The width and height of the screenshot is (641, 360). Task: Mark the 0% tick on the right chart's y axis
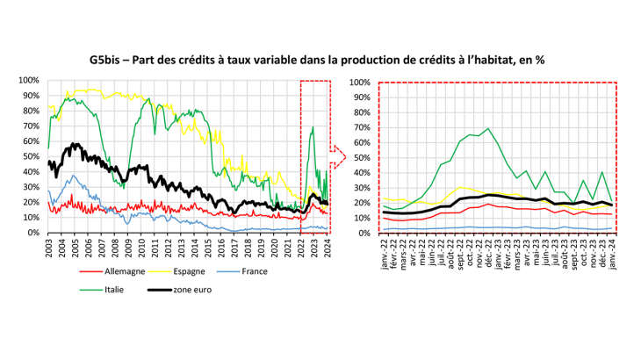(x=363, y=233)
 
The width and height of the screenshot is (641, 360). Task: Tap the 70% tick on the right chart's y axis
(x=361, y=126)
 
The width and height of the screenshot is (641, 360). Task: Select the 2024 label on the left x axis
(x=327, y=248)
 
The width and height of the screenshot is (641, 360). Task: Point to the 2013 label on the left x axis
(x=182, y=248)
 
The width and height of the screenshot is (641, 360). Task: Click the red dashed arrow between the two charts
(x=339, y=156)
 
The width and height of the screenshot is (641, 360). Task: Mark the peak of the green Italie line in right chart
(x=488, y=128)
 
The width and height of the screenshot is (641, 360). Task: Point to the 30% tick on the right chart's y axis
(x=361, y=187)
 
